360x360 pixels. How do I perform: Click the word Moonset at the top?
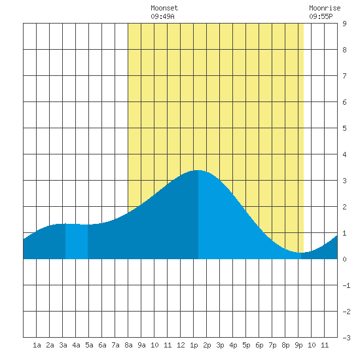point(164,8)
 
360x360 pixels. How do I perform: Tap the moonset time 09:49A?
point(162,16)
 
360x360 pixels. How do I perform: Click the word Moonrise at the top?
point(325,8)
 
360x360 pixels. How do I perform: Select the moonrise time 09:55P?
point(321,16)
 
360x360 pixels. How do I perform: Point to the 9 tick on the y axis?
point(344,24)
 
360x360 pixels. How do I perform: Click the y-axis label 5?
point(344,128)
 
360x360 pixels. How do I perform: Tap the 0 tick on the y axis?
point(344,259)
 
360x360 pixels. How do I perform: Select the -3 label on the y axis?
point(346,338)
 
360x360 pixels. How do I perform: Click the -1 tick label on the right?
point(346,285)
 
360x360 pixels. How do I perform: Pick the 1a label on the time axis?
point(37,345)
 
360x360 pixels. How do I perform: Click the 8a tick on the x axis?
point(128,345)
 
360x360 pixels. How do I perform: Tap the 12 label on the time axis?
point(181,345)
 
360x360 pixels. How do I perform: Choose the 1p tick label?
point(194,345)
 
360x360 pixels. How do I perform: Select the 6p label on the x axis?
point(259,345)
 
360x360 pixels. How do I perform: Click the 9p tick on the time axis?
point(298,345)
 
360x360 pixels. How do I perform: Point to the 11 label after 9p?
point(325,345)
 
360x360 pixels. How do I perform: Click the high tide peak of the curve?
point(198,170)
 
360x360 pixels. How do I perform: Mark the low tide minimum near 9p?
point(301,253)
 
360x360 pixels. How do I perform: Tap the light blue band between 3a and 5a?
point(77,242)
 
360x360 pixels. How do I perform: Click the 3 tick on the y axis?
point(344,181)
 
